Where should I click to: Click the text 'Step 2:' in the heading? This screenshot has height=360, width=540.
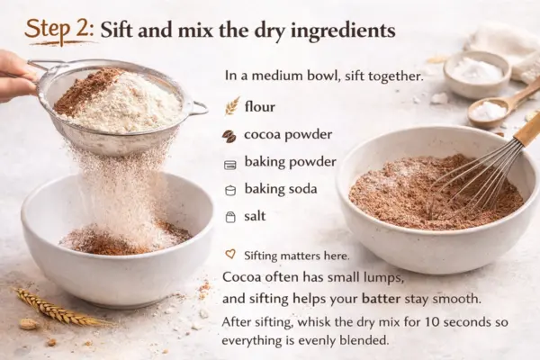58,29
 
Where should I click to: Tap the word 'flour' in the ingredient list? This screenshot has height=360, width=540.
260,106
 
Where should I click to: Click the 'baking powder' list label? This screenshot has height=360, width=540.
290,162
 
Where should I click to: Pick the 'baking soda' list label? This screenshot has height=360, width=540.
283,189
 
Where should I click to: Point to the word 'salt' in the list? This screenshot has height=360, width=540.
255,216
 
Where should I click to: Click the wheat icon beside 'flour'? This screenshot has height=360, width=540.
231,107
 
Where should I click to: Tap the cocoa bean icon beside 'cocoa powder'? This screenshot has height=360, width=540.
229,136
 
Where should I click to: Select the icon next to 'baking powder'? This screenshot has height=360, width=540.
229,164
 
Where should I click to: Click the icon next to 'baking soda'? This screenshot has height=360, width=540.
229,190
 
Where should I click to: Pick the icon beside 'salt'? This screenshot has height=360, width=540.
229,217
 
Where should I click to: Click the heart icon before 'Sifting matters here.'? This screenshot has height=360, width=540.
230,255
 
